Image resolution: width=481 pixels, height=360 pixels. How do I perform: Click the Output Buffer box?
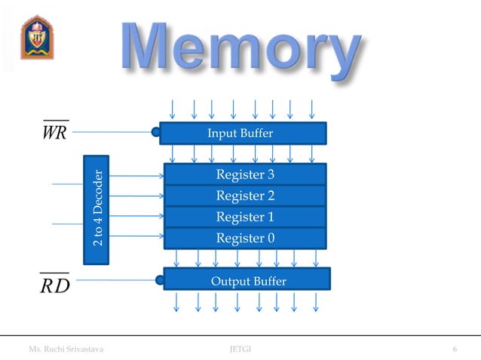tap(247, 281)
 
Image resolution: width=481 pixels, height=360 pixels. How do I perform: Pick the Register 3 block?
tap(245, 175)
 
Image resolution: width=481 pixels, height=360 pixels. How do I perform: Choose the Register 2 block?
tap(245, 196)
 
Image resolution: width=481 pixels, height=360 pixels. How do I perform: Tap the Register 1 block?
tap(245, 217)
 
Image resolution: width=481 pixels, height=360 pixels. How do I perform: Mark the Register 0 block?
tap(245, 238)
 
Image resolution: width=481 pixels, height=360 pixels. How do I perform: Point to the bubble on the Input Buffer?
tap(156, 133)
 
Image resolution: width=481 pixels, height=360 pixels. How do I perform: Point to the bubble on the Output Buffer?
tap(160, 281)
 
